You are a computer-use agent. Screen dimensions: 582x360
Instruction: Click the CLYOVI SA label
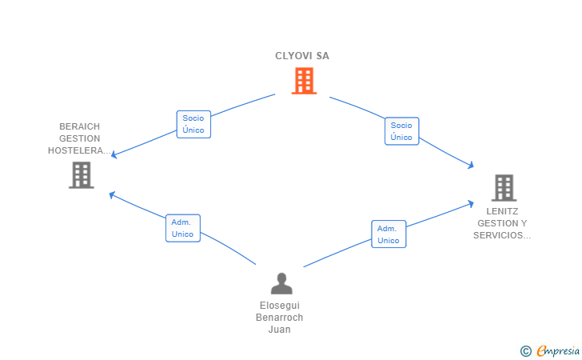pos(302,56)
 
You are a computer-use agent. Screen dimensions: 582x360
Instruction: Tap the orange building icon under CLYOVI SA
pos(304,81)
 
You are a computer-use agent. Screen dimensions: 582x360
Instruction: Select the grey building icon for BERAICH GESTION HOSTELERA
pos(82,175)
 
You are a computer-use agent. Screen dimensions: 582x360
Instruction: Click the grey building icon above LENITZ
pos(504,188)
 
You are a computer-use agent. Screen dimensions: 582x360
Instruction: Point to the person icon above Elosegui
pos(281,283)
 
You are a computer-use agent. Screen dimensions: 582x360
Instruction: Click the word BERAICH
pos(79,126)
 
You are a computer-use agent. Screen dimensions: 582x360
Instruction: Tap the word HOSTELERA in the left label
pos(77,150)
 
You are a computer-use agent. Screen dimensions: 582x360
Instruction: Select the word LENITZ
pos(502,211)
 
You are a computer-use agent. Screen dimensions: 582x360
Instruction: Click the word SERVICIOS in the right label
pos(498,235)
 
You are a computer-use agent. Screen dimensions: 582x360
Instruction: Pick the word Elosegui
pos(280,306)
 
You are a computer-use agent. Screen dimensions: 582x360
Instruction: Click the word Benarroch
pos(280,318)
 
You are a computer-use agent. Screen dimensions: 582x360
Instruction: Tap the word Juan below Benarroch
pos(280,329)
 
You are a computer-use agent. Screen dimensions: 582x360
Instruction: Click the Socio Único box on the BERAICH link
pos(193,124)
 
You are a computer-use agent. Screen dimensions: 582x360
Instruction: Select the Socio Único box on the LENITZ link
pos(401,131)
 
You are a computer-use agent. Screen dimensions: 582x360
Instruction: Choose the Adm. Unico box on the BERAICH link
pos(183,228)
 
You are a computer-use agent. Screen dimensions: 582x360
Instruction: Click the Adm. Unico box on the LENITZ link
pos(389,234)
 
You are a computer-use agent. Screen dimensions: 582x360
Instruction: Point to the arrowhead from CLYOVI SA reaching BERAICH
pos(114,154)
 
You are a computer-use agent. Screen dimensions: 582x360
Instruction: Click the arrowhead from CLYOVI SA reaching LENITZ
pos(471,165)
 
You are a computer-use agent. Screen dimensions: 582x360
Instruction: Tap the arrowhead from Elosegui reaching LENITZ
pos(471,203)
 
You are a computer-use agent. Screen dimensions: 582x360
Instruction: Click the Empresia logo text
pos(558,350)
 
